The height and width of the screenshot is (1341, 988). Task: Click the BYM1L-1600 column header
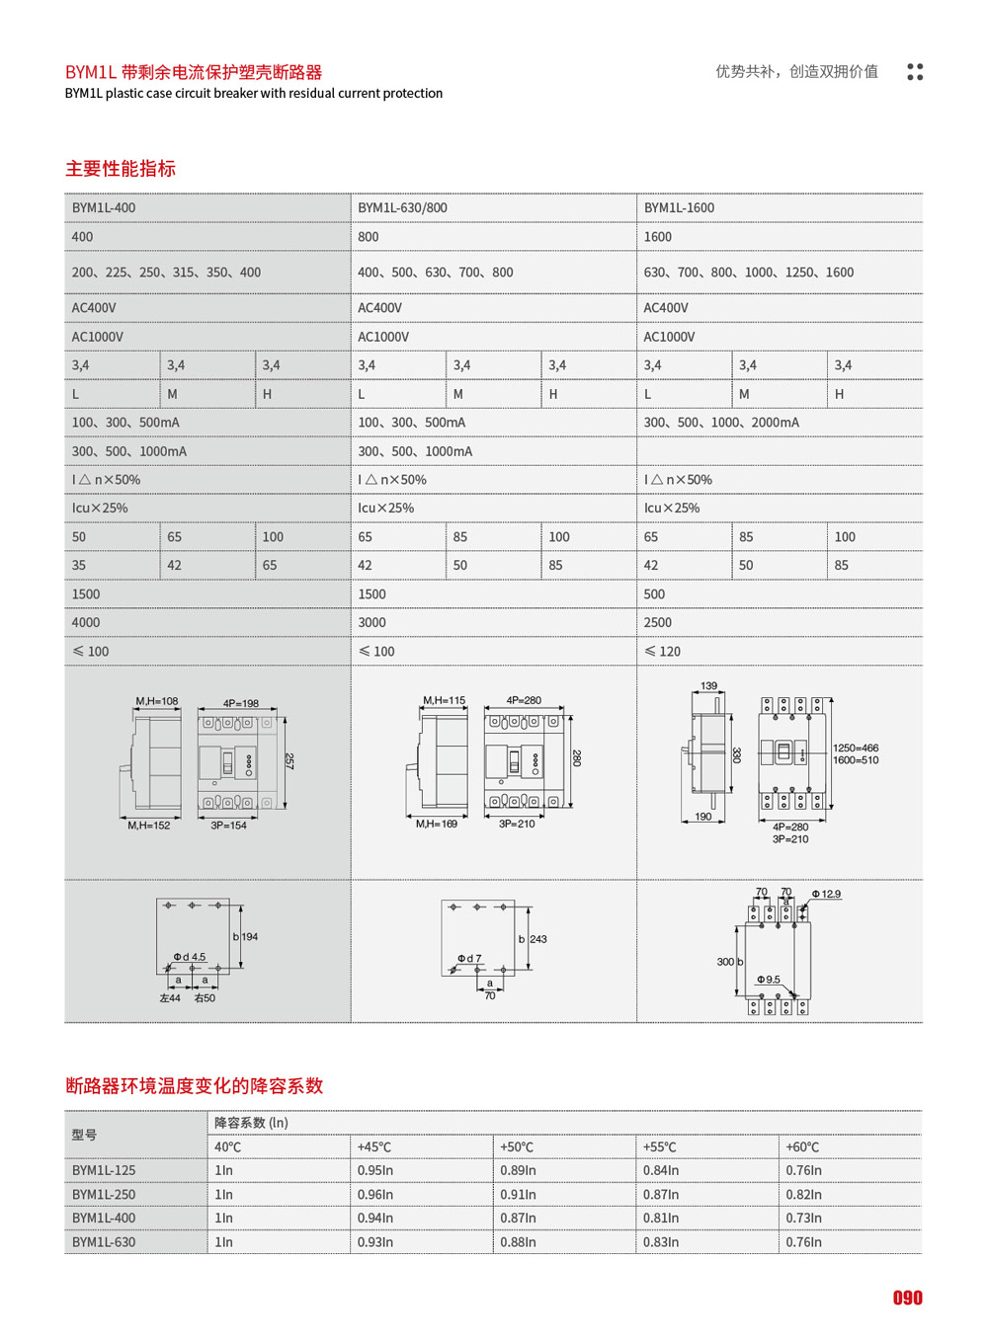click(679, 208)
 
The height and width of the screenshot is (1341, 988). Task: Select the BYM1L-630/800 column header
click(402, 208)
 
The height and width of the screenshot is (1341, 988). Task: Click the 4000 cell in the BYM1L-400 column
click(86, 623)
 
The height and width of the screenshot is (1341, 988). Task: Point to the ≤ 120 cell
click(663, 652)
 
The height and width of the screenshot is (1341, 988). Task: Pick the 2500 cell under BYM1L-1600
click(657, 623)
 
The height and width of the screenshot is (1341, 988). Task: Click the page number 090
click(907, 1299)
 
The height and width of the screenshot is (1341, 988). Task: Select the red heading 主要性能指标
click(121, 169)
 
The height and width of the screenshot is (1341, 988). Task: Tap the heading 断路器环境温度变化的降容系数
click(195, 1086)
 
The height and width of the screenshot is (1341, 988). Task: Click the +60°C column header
click(802, 1147)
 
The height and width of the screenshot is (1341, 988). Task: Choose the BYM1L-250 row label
click(104, 1195)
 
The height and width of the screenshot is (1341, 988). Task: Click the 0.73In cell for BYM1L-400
click(803, 1219)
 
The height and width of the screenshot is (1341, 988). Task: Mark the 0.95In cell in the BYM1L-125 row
click(375, 1171)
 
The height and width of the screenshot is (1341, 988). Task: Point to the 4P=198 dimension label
click(240, 704)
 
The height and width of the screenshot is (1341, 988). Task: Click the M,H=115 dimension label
click(444, 701)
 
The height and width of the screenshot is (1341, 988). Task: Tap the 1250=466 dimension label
click(856, 749)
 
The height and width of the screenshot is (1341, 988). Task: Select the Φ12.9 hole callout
click(826, 895)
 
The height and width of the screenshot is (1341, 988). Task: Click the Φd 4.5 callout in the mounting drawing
click(190, 957)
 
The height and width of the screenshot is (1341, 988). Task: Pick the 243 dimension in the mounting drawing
click(538, 939)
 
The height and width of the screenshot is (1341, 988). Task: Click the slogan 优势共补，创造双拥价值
click(796, 72)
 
